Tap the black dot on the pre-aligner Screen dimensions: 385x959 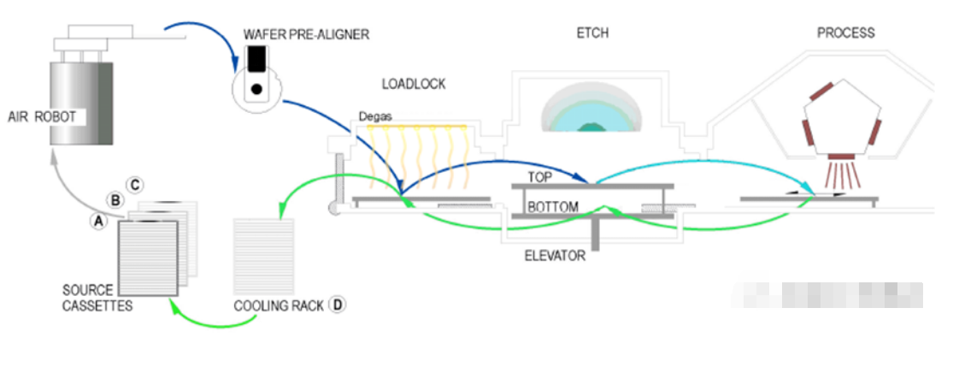pyautogui.click(x=256, y=88)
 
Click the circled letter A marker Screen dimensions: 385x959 pyautogui.click(x=98, y=220)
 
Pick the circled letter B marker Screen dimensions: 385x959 pyautogui.click(x=115, y=201)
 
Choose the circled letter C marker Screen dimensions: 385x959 pyautogui.click(x=133, y=185)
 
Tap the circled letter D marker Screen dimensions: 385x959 pyautogui.click(x=338, y=304)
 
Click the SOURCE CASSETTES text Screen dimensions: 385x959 pyautogui.click(x=97, y=297)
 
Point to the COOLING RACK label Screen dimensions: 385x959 pyautogui.click(x=279, y=305)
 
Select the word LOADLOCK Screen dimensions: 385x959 pyautogui.click(x=414, y=83)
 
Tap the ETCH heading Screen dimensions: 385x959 pyautogui.click(x=592, y=33)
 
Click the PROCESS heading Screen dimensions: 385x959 pyautogui.click(x=845, y=33)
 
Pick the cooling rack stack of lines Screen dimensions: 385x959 pyautogui.click(x=263, y=256)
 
